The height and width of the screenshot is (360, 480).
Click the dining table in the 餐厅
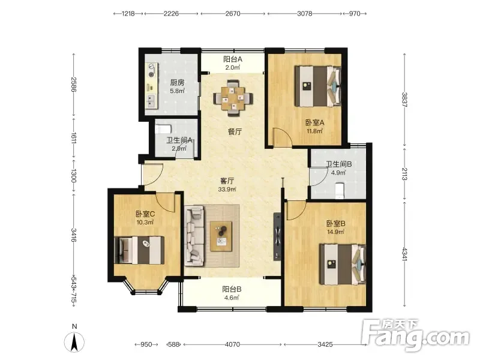(x=233, y=98)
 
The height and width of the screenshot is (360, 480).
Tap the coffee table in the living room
(x=221, y=236)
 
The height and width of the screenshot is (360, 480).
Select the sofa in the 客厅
(x=194, y=235)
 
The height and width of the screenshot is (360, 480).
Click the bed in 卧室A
(x=318, y=86)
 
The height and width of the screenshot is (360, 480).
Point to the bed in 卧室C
(x=139, y=250)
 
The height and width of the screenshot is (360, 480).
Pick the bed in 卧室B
(x=343, y=264)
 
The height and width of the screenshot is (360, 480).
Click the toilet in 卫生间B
(x=340, y=190)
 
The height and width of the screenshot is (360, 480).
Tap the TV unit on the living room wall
(x=277, y=236)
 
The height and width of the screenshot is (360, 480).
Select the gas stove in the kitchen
(x=152, y=70)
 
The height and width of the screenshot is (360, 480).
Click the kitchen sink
(x=151, y=100)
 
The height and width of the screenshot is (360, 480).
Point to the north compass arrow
(x=74, y=342)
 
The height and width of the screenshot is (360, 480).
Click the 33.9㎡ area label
(x=227, y=189)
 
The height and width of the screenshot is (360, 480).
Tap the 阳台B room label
(x=232, y=289)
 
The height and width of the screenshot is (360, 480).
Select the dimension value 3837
(x=404, y=100)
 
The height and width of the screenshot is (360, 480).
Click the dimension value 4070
(x=232, y=344)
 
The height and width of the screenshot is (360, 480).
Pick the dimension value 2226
(x=171, y=13)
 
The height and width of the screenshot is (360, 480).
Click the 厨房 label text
(x=177, y=83)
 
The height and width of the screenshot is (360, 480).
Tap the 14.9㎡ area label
(x=335, y=232)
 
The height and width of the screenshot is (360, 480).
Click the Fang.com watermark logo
(x=415, y=335)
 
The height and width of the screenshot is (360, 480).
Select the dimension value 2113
(x=404, y=174)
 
